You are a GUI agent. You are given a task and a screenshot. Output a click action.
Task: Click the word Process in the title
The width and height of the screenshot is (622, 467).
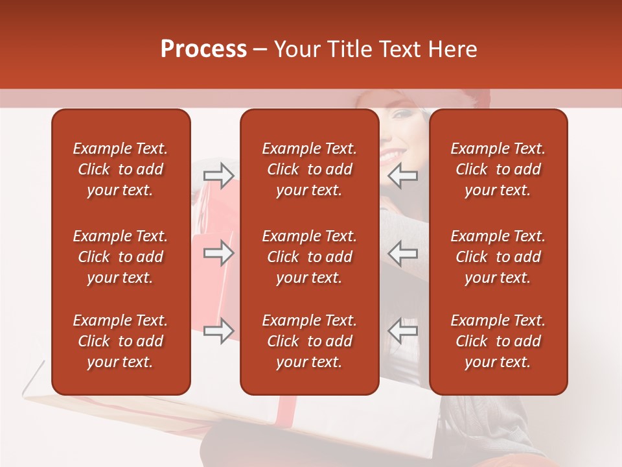pos(203,49)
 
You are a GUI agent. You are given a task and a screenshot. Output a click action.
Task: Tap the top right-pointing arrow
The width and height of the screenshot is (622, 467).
pos(218,175)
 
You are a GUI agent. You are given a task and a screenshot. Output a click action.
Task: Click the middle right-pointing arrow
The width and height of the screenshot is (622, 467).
pos(218,253)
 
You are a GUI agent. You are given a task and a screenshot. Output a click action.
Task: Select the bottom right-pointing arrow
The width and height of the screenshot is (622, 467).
pos(218,331)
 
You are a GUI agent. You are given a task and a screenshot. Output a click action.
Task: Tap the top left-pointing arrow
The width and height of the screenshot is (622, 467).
pos(402,175)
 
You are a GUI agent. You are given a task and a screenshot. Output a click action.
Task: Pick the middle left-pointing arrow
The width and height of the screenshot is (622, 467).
pos(402,253)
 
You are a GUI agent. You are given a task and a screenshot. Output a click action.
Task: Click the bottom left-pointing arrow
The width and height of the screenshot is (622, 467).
pos(402,331)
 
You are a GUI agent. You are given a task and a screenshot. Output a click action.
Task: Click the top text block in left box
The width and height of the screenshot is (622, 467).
pos(121,169)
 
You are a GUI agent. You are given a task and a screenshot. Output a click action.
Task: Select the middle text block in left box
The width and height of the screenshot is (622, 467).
pos(121,257)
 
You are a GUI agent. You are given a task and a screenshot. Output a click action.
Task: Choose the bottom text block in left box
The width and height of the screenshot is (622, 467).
pos(121,341)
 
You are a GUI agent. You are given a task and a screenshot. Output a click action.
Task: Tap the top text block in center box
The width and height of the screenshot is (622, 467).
pos(309,169)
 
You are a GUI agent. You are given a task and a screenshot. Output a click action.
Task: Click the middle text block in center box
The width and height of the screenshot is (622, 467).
pos(309,257)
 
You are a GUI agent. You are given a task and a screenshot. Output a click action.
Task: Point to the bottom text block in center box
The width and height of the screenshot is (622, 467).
pos(309,341)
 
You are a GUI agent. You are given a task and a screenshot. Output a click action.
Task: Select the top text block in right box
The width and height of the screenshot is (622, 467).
pos(498,169)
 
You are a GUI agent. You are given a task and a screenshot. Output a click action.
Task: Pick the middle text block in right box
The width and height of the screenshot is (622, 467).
pos(498,257)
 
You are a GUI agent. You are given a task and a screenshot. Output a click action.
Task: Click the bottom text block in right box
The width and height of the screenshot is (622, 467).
pos(498,341)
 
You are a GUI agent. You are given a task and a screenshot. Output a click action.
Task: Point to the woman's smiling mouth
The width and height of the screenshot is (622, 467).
pos(390,156)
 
